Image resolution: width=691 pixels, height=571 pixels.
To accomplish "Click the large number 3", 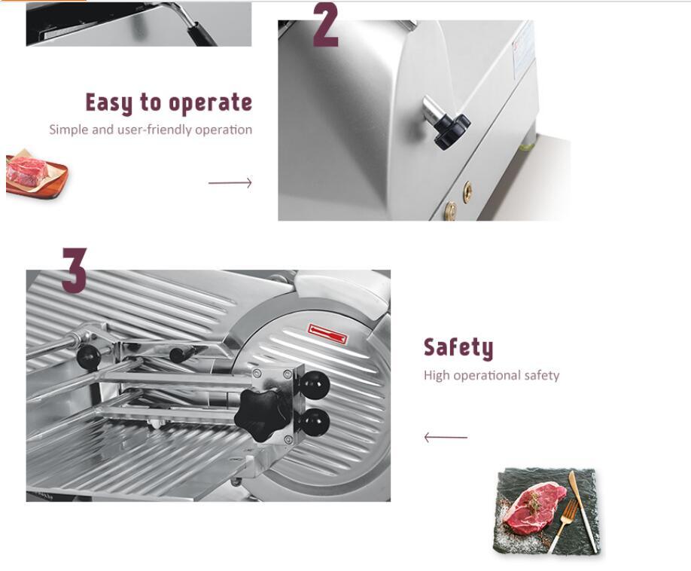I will pos(74,270).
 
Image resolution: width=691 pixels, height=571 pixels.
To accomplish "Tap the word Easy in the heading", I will pos(109,103).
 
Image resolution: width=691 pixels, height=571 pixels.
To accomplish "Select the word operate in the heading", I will pos(210,103).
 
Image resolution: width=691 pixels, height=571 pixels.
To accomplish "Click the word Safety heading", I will pos(458,347).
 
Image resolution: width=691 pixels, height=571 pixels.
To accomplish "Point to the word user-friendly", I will pos(154,130).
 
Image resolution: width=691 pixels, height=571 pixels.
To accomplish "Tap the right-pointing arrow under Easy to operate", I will pos(230,182).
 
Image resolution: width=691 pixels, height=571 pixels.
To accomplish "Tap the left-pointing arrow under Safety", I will pos(445,437).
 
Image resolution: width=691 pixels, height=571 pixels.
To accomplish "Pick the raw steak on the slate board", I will pos(531,505).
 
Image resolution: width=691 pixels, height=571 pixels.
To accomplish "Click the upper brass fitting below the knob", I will pos(467,191).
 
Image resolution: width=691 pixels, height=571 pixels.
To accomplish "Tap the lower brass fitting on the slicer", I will pos(451,210).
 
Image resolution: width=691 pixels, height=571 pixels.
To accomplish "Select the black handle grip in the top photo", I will pos(201,32).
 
